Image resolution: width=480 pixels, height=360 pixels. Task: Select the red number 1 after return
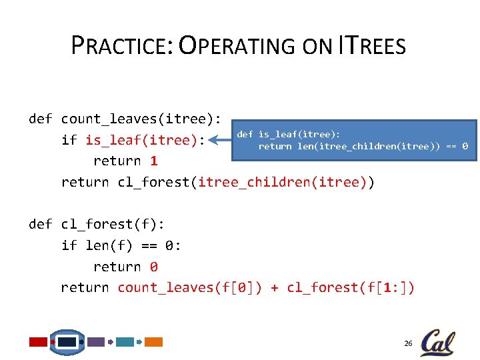pos(154,161)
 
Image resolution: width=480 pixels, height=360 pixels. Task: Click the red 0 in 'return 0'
pos(154,267)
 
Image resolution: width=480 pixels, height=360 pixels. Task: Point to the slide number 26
pos(408,343)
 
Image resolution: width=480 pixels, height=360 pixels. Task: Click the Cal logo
pos(437,342)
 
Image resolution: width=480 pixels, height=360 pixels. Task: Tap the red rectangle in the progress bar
pos(39,342)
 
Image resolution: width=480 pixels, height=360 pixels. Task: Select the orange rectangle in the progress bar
pos(154,342)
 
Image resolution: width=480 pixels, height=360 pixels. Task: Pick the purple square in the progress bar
pos(96,342)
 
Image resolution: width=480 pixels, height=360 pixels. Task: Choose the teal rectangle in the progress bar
pos(125,342)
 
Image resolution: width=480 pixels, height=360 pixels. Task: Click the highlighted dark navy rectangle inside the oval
pos(67,342)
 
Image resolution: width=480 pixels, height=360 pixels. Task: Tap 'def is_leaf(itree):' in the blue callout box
pos(289,134)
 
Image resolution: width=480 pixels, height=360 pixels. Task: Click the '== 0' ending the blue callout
pos(456,146)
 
